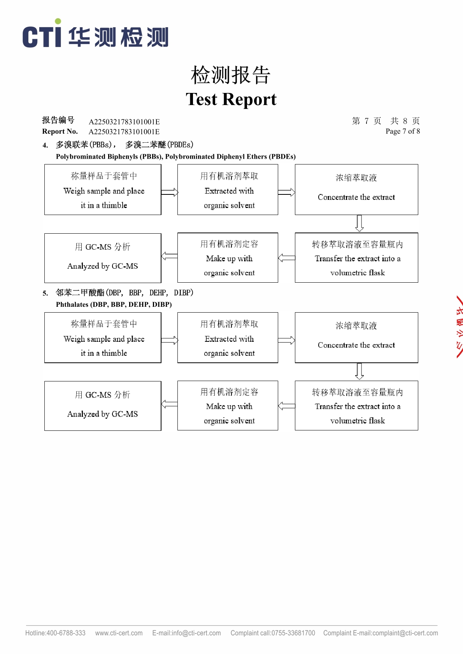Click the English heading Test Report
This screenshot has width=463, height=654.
[x=231, y=99]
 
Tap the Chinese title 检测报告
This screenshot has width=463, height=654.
[x=231, y=75]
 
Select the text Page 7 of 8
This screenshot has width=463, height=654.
[x=402, y=131]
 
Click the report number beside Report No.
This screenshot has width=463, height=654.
[x=124, y=132]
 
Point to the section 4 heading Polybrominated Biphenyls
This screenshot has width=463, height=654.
[x=175, y=157]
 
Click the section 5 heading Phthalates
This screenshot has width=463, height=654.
[x=114, y=304]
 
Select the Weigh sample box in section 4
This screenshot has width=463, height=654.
[x=103, y=190]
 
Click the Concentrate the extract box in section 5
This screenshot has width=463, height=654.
[x=356, y=337]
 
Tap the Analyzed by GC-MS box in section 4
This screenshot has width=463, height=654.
[x=103, y=258]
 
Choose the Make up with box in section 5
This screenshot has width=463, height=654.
[x=228, y=406]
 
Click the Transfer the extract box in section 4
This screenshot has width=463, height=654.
[x=356, y=257]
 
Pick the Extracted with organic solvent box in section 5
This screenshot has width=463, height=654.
[x=228, y=337]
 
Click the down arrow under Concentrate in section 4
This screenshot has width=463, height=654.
[x=360, y=223]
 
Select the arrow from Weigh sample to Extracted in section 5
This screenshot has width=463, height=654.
[x=170, y=341]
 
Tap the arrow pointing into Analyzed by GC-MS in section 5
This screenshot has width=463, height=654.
[x=169, y=404]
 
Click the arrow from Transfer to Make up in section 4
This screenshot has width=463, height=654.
[x=286, y=257]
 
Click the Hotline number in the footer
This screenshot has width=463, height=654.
[x=55, y=633]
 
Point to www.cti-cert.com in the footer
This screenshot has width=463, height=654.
[x=119, y=633]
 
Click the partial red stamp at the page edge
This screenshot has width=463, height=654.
[x=459, y=327]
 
